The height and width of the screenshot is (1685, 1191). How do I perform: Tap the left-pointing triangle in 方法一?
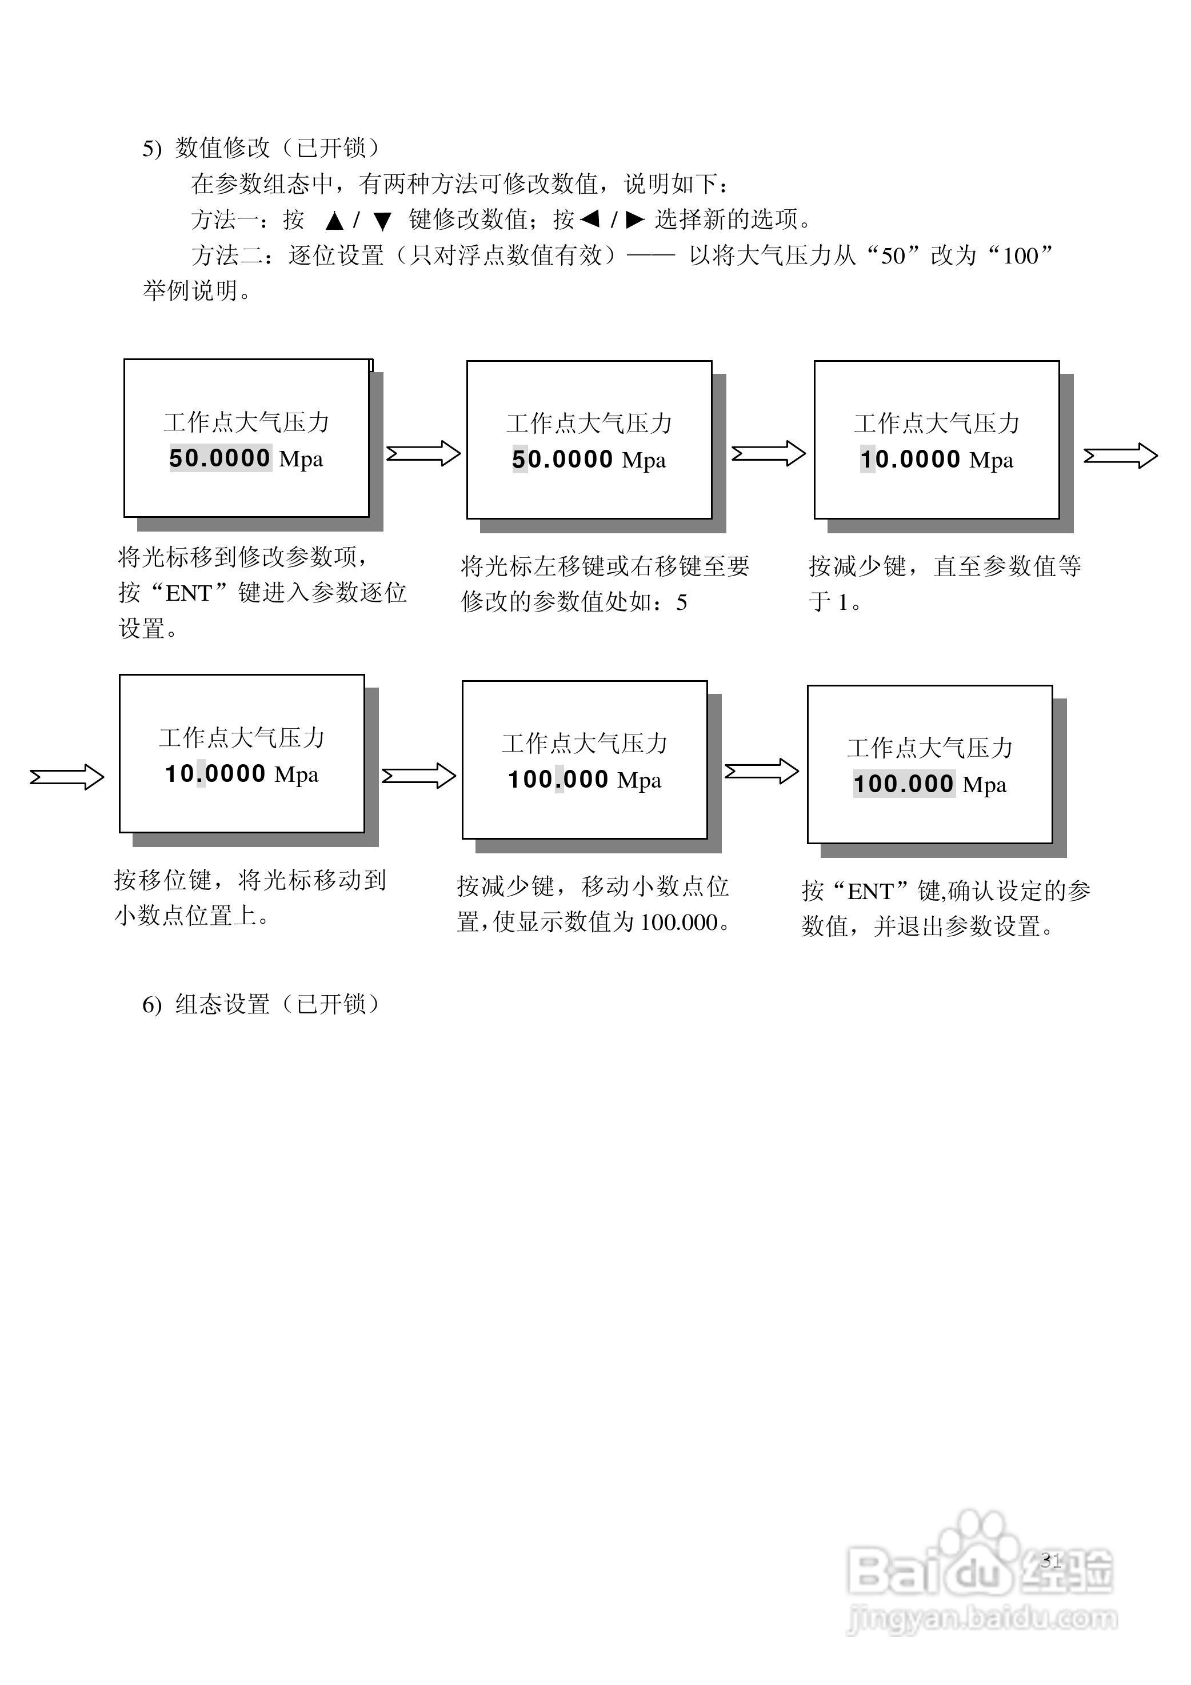[x=590, y=219]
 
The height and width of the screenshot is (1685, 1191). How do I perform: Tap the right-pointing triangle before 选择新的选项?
[x=635, y=219]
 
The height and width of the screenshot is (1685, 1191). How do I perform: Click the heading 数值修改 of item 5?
[x=222, y=148]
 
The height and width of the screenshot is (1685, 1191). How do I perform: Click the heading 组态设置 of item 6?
[x=222, y=1004]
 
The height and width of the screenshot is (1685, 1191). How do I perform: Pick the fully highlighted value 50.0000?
[x=220, y=458]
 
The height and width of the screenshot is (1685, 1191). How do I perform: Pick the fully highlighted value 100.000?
[x=904, y=784]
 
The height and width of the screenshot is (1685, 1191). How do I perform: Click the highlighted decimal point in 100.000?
[x=559, y=780]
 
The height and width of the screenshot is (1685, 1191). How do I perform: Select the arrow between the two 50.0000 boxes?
[x=423, y=453]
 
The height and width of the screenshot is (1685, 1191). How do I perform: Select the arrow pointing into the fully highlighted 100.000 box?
[x=761, y=771]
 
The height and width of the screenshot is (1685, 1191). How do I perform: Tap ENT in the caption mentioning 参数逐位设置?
[x=189, y=593]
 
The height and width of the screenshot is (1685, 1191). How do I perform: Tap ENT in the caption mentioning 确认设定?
[x=870, y=892]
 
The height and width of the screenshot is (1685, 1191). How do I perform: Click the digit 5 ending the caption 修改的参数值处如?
[x=682, y=602]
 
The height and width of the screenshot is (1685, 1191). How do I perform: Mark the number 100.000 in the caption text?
[x=679, y=923]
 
